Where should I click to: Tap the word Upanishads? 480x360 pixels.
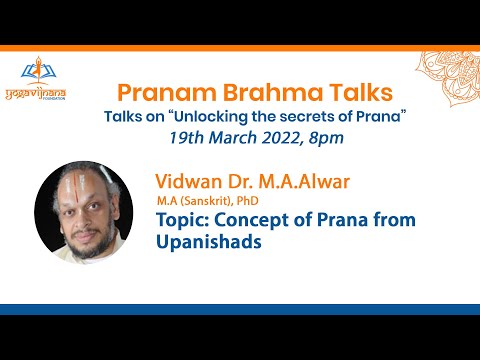[x=205, y=242]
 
